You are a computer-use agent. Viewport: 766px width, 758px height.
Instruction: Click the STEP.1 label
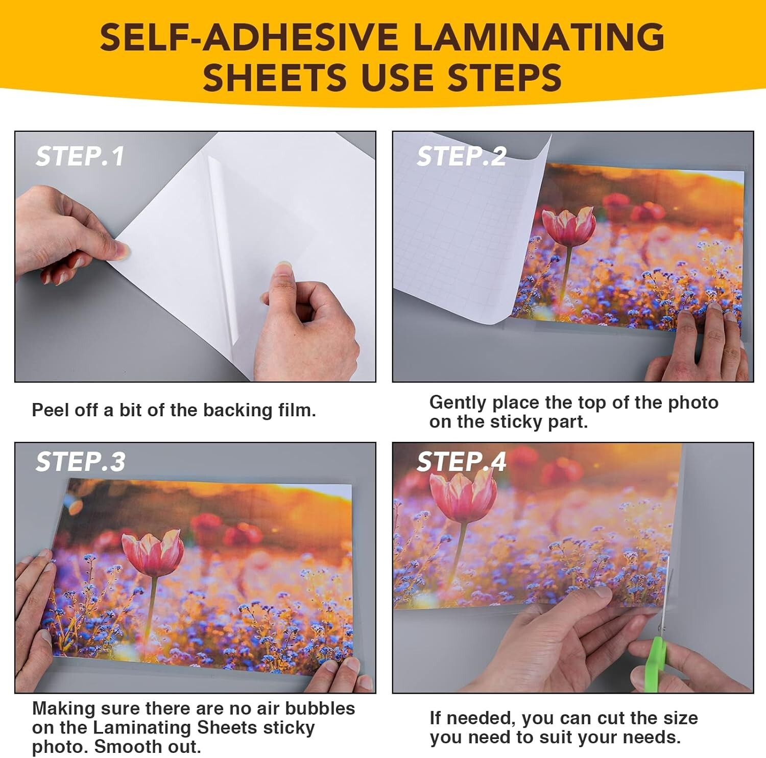[x=80, y=156]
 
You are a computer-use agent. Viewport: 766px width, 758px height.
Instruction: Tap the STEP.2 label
[x=461, y=156]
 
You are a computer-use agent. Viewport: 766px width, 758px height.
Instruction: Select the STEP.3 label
[x=80, y=462]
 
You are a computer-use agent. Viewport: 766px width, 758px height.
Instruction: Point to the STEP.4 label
[x=461, y=462]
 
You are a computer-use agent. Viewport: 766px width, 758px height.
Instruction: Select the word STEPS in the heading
[x=505, y=78]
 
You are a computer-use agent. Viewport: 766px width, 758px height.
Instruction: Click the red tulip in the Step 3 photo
[x=153, y=554]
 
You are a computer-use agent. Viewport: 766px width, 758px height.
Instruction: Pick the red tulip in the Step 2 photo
[x=568, y=226]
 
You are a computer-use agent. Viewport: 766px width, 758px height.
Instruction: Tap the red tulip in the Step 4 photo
[x=463, y=495]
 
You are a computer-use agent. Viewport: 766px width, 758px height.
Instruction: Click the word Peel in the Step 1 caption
[x=50, y=410]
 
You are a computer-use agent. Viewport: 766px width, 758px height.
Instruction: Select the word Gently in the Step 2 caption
[x=458, y=403]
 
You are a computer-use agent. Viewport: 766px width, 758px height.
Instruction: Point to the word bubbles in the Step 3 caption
[x=320, y=708]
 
